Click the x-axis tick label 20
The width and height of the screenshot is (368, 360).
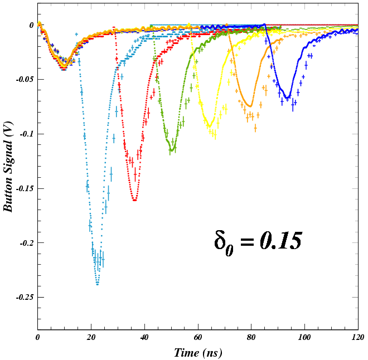point(91,338)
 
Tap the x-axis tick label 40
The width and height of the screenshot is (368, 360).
point(144,338)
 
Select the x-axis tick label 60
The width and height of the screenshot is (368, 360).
point(198,338)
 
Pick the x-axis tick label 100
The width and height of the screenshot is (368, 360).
point(304,338)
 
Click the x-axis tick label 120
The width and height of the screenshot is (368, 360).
point(357,338)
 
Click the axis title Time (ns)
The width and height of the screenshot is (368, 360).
point(198,352)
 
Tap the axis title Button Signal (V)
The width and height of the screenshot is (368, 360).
point(9,167)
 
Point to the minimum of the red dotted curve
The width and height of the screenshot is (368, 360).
point(135,200)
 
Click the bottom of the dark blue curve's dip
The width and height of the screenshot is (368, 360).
point(287,99)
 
